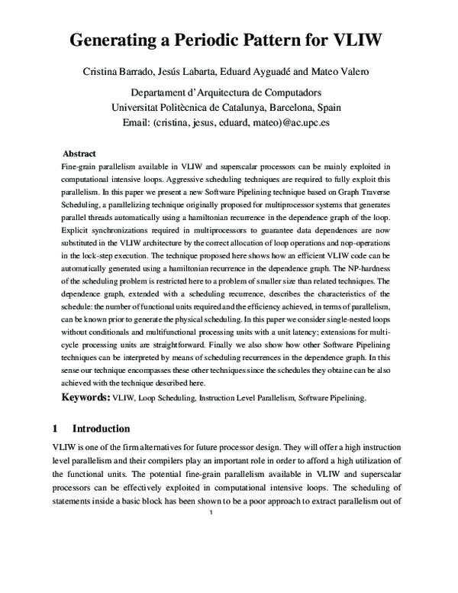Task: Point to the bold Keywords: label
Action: (85, 398)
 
